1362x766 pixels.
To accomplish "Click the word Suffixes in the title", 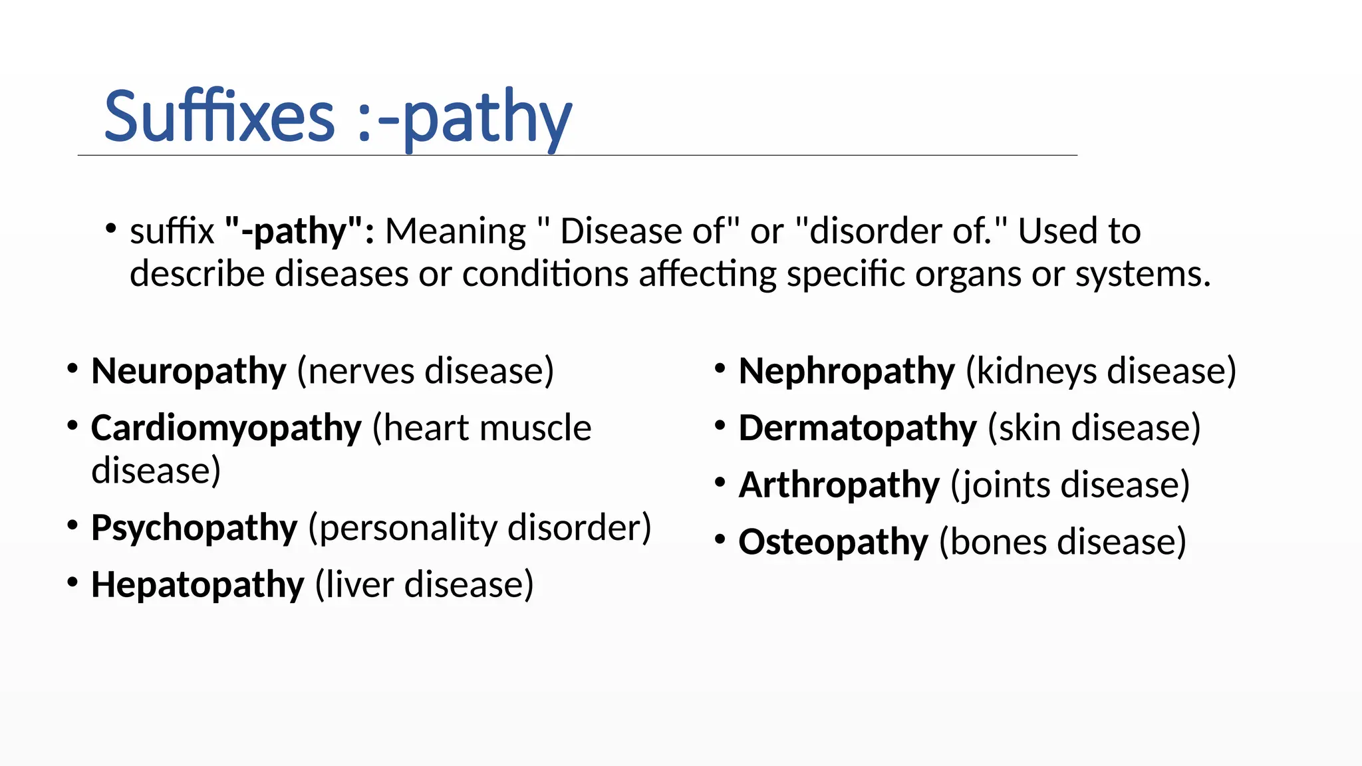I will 219,118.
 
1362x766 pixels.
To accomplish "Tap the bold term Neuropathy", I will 189,371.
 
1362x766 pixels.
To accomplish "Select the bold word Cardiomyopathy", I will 226,428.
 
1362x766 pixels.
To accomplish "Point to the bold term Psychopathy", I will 194,528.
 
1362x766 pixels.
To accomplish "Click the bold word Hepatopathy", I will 198,585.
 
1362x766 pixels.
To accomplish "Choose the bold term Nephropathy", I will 847,371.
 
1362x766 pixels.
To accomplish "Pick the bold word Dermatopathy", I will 857,428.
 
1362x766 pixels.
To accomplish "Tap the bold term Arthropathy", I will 839,485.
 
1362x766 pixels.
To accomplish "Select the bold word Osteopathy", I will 833,542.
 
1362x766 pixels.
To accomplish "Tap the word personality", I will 408,528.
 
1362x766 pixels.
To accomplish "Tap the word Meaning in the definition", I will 456,231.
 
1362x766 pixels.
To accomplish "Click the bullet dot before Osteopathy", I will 720,539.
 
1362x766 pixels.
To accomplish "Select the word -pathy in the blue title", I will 474,118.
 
